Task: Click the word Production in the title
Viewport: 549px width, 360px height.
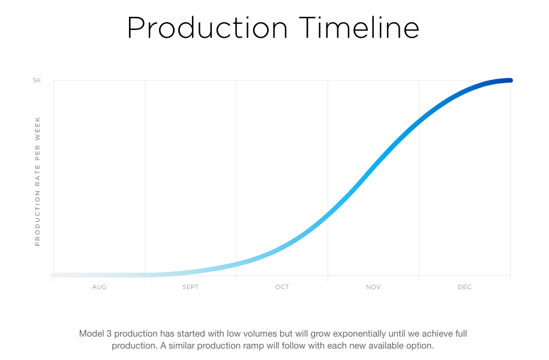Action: tap(207, 28)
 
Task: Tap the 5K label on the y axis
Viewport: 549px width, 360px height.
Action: tap(37, 80)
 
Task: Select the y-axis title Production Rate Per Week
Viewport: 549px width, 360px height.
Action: tap(37, 181)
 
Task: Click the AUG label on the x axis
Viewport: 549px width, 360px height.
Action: tap(100, 287)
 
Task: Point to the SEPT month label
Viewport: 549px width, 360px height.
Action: tap(190, 287)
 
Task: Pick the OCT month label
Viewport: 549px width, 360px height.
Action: tap(282, 287)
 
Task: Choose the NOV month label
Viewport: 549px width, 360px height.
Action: tap(373, 287)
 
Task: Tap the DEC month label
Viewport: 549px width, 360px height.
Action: tap(464, 287)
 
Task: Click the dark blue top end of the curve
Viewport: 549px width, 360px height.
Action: tap(511, 80)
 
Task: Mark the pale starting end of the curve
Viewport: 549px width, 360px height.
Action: tap(53, 275)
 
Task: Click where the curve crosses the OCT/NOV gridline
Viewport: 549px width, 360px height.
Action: tap(328, 214)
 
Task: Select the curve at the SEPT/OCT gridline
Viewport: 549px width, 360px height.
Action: tap(236, 265)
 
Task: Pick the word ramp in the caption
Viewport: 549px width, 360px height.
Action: tap(254, 346)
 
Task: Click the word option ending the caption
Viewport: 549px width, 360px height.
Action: tap(420, 346)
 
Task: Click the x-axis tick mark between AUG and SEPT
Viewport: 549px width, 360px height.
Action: tap(145, 279)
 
